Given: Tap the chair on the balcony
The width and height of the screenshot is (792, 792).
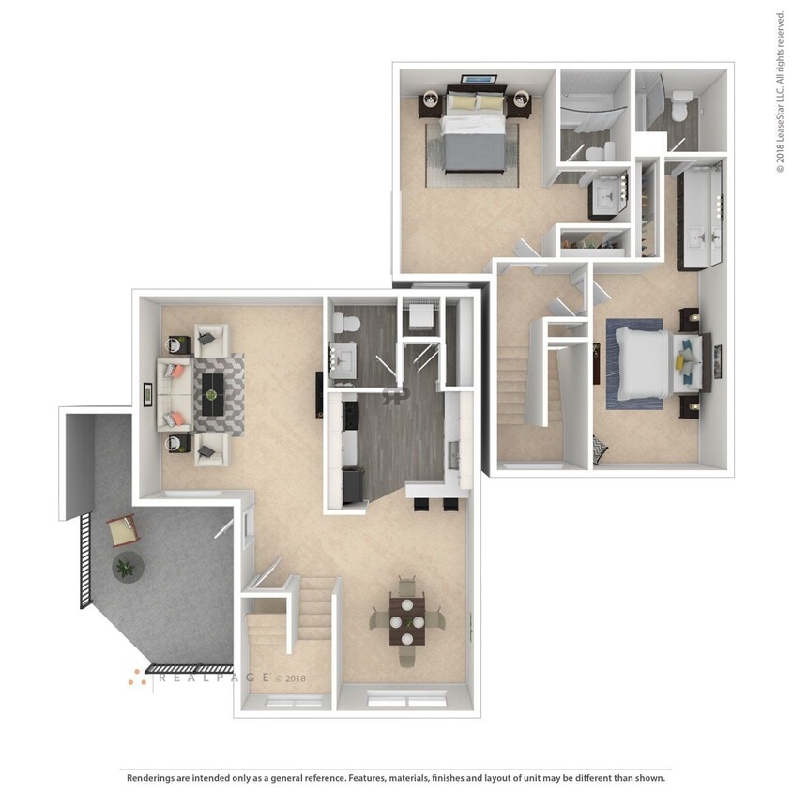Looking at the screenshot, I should (x=123, y=531).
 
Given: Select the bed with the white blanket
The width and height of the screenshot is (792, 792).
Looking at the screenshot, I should (x=644, y=361).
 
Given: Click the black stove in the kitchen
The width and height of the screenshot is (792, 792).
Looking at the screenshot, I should (x=351, y=484).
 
